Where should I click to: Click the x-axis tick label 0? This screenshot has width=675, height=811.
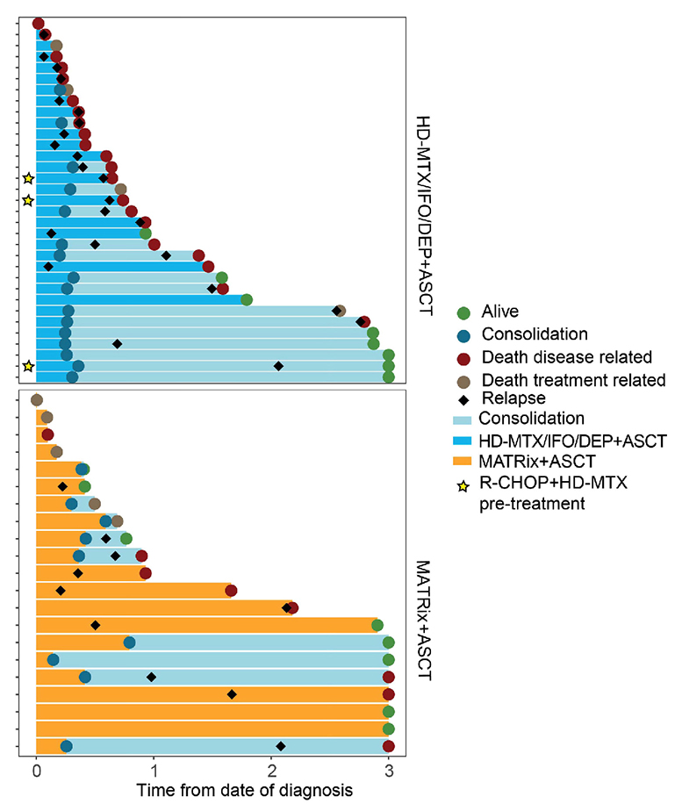click(x=36, y=772)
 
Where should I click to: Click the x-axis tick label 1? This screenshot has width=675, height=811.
click(x=154, y=772)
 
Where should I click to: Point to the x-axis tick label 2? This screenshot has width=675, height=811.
click(x=272, y=772)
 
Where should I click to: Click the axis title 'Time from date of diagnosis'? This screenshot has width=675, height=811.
click(x=244, y=790)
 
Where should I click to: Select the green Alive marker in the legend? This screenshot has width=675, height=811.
click(x=465, y=312)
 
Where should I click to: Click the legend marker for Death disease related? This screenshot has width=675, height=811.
click(x=465, y=357)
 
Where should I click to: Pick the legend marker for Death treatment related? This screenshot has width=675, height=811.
click(x=465, y=380)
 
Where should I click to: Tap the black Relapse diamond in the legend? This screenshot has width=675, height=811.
click(x=465, y=399)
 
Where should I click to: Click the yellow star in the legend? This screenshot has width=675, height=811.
click(x=465, y=482)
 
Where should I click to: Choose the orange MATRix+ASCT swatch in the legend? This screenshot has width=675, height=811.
click(x=465, y=460)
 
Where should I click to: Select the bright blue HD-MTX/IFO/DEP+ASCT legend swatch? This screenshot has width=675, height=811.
click(x=465, y=439)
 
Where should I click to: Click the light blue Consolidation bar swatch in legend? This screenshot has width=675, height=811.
click(x=465, y=418)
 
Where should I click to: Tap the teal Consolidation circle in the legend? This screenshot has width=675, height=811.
click(x=465, y=334)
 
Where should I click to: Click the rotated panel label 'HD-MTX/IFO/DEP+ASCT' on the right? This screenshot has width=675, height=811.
click(x=424, y=202)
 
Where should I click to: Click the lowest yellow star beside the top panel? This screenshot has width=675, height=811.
click(x=28, y=366)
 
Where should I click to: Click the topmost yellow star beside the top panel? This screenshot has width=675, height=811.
click(x=28, y=178)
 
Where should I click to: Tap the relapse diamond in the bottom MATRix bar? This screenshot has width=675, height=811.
click(x=281, y=746)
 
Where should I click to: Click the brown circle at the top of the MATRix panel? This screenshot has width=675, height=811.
click(x=36, y=400)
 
